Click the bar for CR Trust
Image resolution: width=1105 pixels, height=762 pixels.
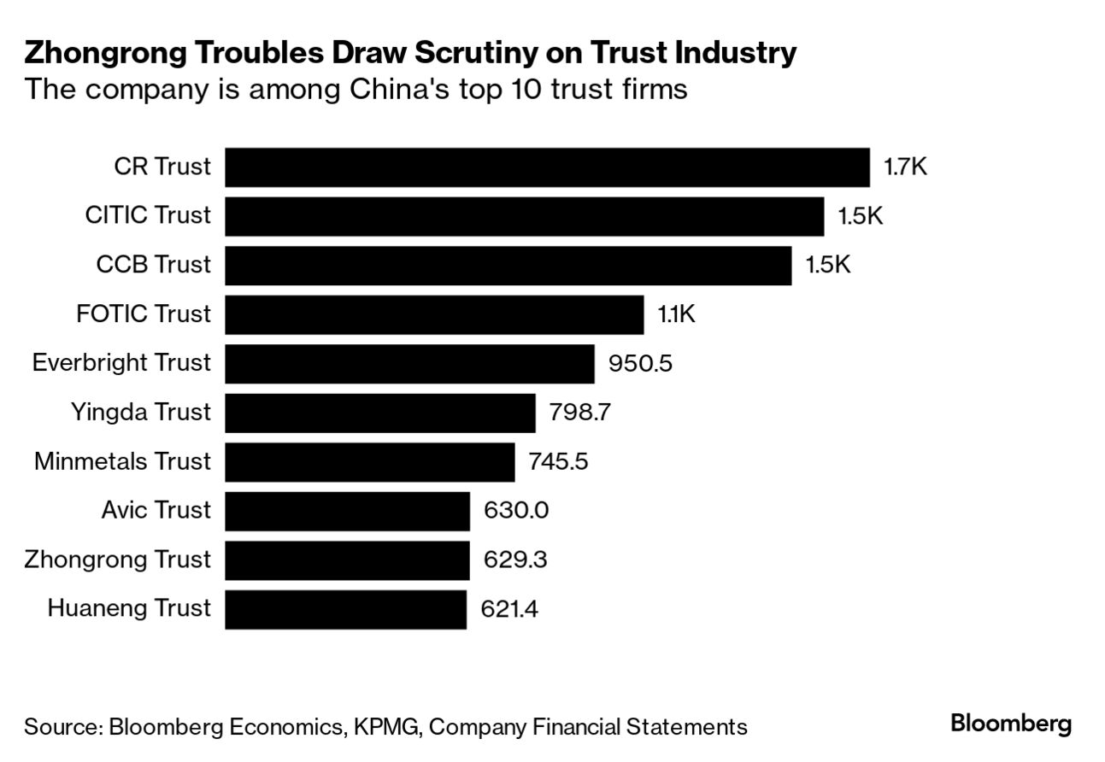point(547,167)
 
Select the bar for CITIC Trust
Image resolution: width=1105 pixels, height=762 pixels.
point(524,216)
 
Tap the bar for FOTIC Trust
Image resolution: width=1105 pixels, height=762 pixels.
point(434,314)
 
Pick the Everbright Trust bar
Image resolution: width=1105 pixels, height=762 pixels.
point(409,364)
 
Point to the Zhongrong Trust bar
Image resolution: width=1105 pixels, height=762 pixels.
point(347,560)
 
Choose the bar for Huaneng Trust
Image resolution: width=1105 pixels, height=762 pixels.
point(345,609)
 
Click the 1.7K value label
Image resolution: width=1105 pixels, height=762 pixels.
point(905,167)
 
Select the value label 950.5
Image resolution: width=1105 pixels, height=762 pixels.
point(640,364)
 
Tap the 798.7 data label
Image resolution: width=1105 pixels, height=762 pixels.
point(580,413)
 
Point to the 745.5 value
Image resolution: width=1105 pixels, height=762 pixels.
point(559,462)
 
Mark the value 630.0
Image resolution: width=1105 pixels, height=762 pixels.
point(515,511)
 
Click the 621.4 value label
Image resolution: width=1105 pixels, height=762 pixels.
point(511,609)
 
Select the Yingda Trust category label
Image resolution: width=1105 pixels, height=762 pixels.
point(140,413)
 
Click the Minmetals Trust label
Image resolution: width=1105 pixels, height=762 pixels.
point(122,462)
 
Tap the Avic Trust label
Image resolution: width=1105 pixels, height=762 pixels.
point(156,511)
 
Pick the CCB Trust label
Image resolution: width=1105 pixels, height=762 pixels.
point(153,265)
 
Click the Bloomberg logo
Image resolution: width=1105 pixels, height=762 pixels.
point(1010,725)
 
